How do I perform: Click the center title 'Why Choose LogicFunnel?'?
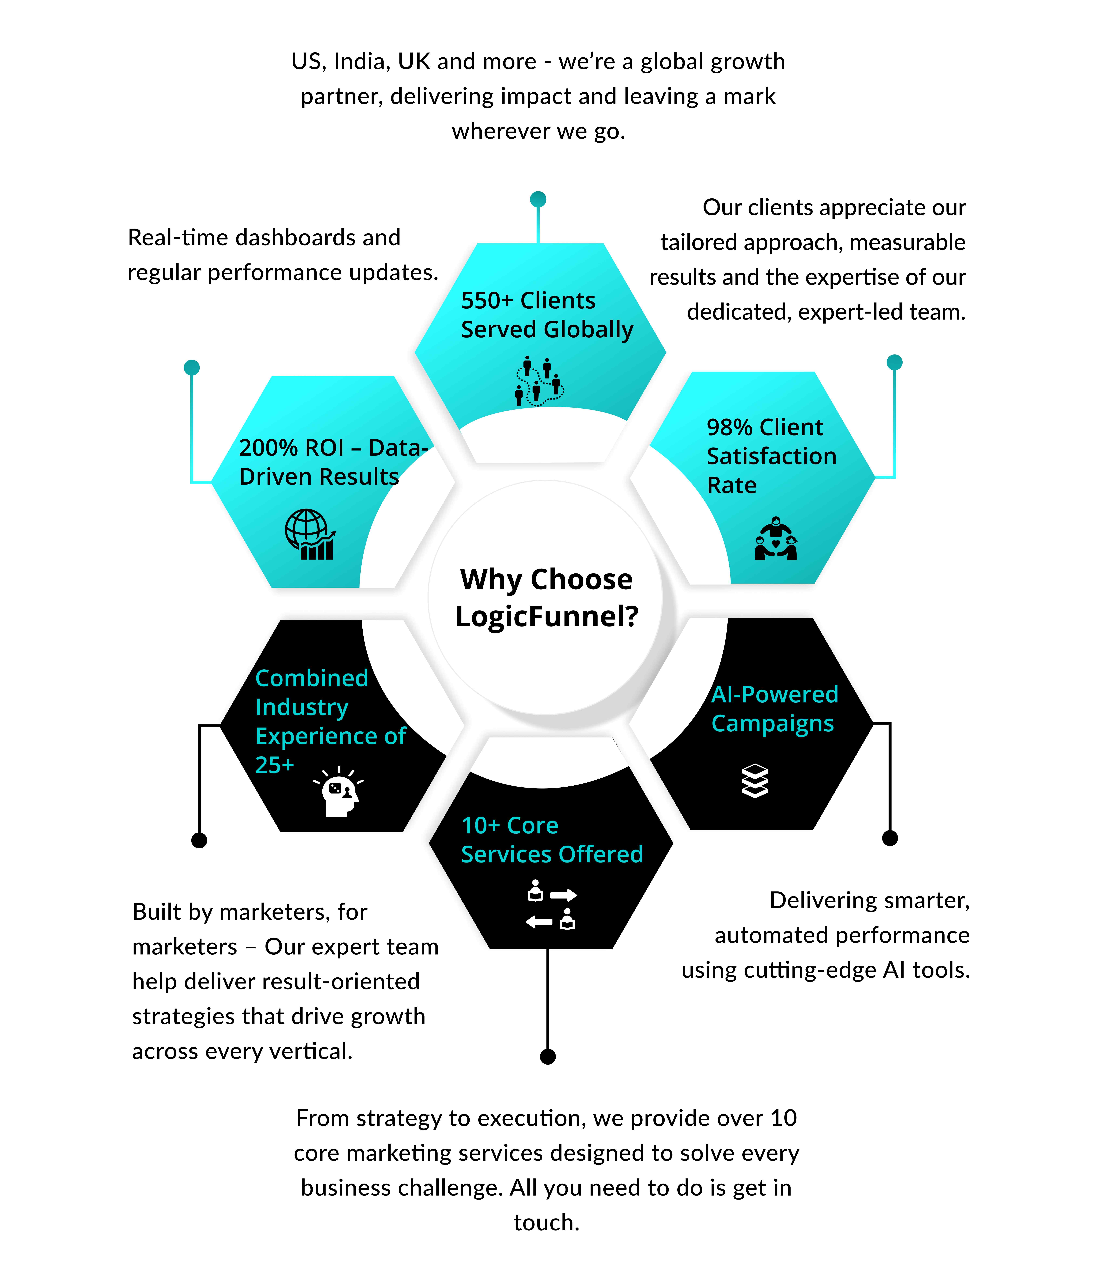(x=546, y=598)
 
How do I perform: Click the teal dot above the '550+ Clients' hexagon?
(x=538, y=199)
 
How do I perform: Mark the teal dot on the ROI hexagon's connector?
(x=192, y=367)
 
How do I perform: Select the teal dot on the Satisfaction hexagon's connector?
(x=895, y=362)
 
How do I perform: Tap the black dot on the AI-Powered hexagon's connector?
(x=890, y=838)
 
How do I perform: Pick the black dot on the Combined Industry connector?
(x=199, y=840)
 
